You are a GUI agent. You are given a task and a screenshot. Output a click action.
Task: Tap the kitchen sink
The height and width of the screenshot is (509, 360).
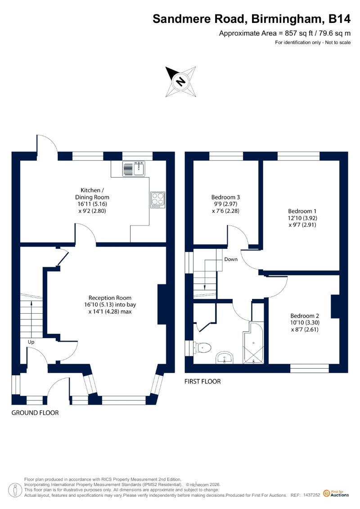pyautogui.click(x=134, y=168)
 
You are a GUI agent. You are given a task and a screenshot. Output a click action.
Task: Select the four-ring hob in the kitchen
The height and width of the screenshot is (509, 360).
pyautogui.click(x=158, y=200)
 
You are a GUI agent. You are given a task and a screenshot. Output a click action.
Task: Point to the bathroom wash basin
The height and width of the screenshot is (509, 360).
pyautogui.click(x=224, y=358)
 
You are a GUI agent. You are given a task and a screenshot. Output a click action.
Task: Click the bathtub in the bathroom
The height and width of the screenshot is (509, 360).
pyautogui.click(x=253, y=343)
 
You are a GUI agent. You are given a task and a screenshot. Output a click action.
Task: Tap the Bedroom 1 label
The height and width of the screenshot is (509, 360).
pyautogui.click(x=302, y=211)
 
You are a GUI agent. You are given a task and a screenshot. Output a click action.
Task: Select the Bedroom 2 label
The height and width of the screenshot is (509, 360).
pyautogui.click(x=305, y=315)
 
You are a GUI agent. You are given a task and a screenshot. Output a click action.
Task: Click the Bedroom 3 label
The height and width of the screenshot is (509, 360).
pyautogui.click(x=225, y=197)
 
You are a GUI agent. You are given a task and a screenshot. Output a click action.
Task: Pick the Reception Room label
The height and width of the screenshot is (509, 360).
pyautogui.click(x=110, y=297)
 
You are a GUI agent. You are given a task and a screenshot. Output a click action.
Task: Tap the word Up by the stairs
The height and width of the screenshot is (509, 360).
pyautogui.click(x=31, y=342)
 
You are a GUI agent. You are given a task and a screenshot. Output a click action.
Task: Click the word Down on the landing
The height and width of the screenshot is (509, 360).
pyautogui.click(x=231, y=259)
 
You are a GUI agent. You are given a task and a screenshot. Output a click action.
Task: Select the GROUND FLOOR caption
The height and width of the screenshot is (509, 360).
pyautogui.click(x=35, y=413)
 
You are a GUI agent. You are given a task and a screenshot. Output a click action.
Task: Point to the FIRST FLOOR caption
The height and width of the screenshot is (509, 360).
pyautogui.click(x=202, y=382)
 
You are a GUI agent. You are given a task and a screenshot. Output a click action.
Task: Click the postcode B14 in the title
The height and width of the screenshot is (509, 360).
pyautogui.click(x=339, y=19)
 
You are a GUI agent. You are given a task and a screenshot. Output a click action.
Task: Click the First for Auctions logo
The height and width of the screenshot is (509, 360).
pyautogui.click(x=336, y=494)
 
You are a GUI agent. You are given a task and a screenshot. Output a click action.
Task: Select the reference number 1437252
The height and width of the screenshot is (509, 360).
pyautogui.click(x=312, y=495)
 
